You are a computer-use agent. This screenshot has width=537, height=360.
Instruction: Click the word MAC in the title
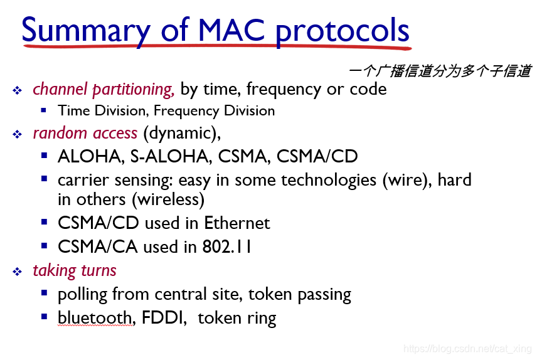coord(231,30)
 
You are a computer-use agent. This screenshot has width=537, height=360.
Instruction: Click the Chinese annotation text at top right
coord(440,71)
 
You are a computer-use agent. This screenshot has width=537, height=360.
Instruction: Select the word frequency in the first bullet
coord(284,90)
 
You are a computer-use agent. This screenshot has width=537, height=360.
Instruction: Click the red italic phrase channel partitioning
coord(104,90)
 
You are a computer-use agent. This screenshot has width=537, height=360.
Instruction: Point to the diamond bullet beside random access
coord(17,134)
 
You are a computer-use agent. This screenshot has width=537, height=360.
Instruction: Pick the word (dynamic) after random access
coord(182,134)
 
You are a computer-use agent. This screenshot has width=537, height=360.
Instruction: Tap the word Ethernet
coord(237,223)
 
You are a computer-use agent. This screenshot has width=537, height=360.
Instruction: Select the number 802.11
coord(226,246)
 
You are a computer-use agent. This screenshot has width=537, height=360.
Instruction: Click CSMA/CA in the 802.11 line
coord(98,246)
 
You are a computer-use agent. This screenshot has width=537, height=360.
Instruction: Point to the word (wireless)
coord(169,199)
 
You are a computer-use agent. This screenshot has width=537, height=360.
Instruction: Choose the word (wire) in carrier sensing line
coord(407,180)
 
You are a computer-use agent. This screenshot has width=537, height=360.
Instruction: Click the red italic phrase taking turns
coord(75,271)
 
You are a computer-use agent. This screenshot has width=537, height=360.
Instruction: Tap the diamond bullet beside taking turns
coord(17,272)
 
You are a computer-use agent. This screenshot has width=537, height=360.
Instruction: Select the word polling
coord(82,295)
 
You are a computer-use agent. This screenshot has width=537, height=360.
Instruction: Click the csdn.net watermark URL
coord(467,349)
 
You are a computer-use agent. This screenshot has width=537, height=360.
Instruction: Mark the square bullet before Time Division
coord(43,110)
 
